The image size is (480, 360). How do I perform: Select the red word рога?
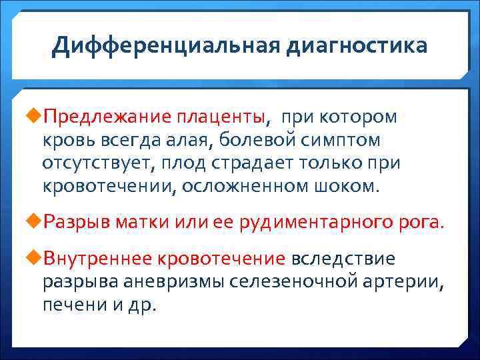[420, 222]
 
